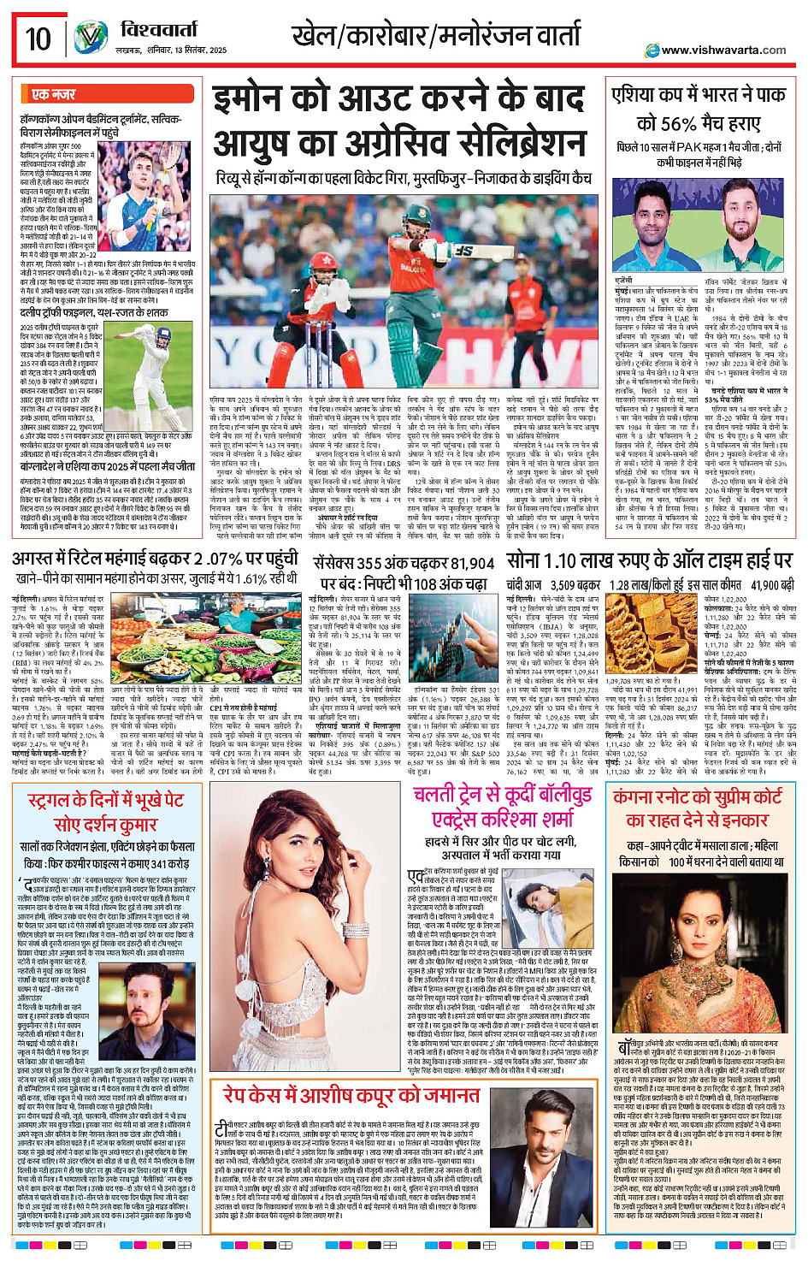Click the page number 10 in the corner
pos(38,38)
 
